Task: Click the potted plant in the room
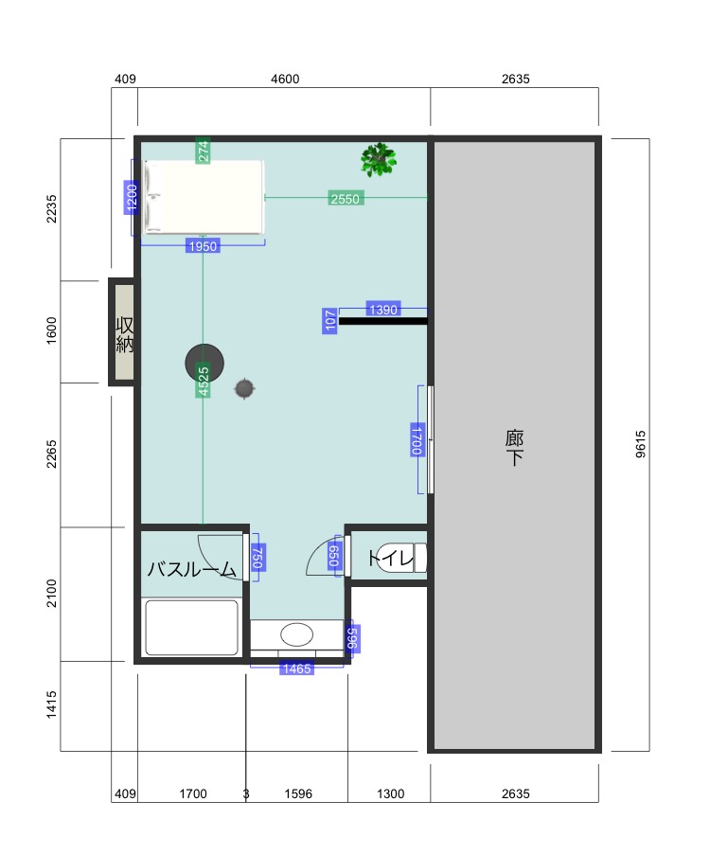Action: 379,159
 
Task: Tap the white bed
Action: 204,197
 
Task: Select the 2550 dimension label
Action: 346,199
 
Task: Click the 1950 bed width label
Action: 203,246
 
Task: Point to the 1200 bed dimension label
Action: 132,197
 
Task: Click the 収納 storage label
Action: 124,334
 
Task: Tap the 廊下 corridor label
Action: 514,447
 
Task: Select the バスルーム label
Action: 192,569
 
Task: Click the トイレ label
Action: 390,558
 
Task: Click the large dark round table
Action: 204,363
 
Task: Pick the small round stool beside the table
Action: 244,389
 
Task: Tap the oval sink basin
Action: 296,634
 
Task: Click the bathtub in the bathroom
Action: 191,628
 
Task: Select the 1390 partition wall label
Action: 383,310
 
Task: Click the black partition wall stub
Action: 382,321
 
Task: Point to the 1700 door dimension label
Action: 417,439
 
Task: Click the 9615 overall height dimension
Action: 641,444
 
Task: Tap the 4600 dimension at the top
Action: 285,80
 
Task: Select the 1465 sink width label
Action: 296,668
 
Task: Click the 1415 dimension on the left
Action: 51,704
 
